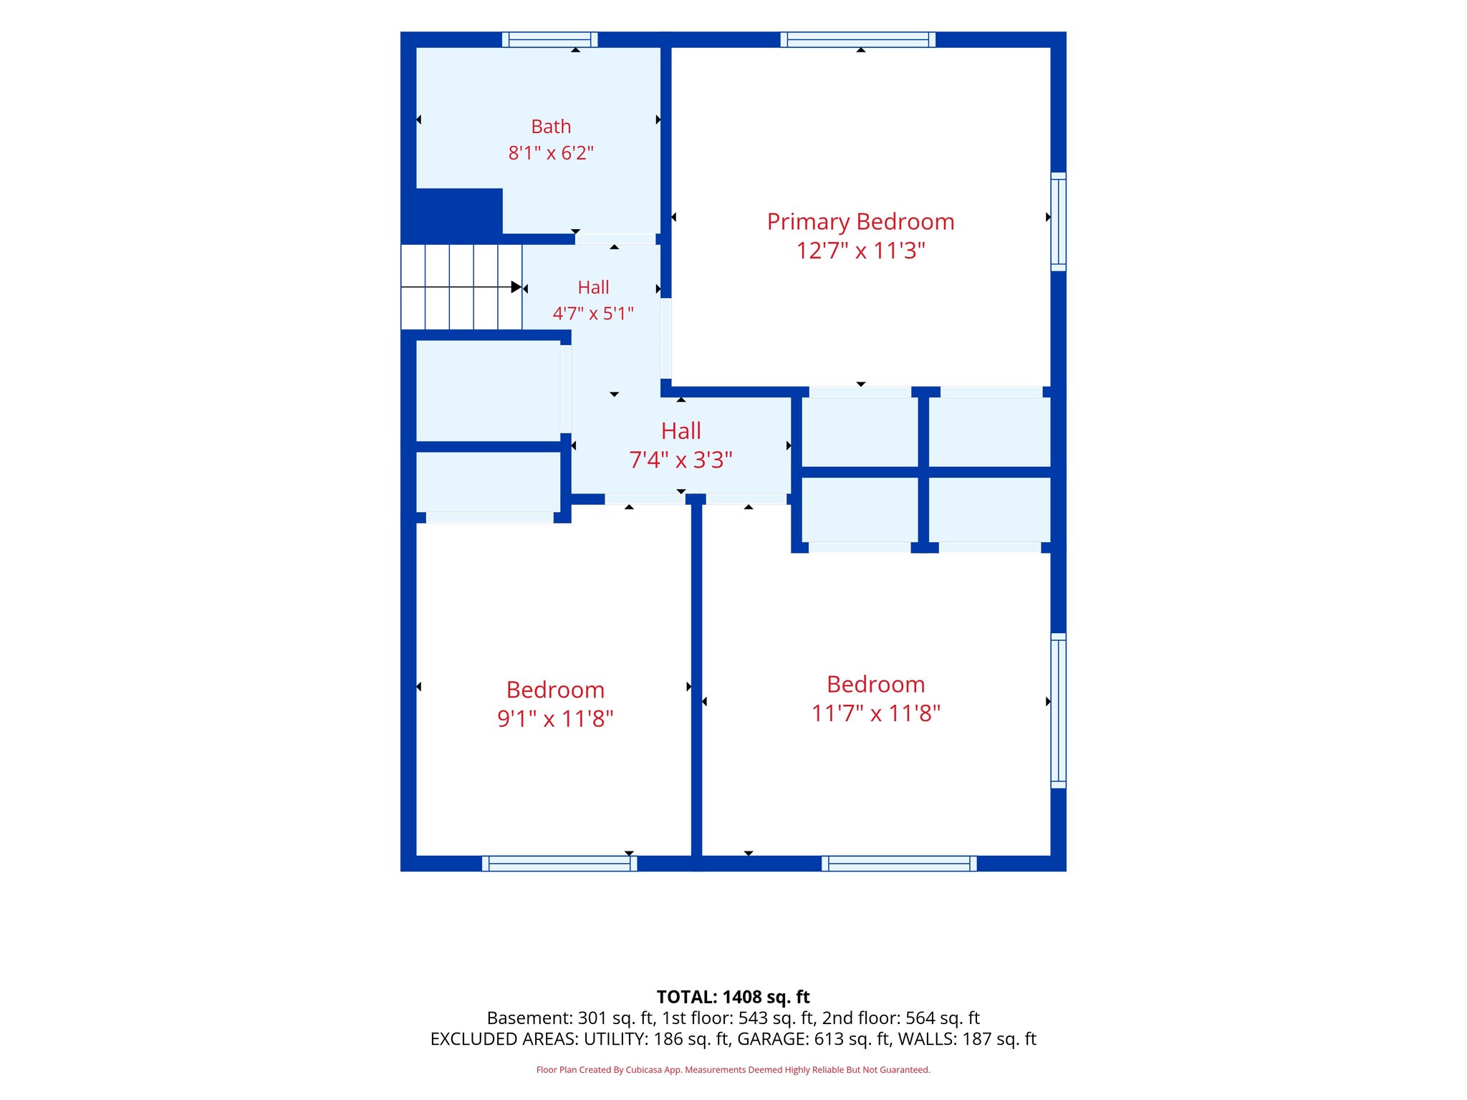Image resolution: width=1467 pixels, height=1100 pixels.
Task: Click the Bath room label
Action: (551, 127)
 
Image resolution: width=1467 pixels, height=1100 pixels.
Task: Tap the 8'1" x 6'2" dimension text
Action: (551, 153)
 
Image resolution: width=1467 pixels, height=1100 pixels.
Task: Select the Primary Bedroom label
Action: (860, 222)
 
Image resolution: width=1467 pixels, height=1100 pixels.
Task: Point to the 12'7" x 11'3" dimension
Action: (860, 251)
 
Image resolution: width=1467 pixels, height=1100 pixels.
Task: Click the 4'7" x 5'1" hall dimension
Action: (593, 313)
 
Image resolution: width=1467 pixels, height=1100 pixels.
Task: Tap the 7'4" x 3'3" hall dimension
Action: (680, 460)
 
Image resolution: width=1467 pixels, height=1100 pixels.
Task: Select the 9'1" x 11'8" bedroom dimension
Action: (555, 718)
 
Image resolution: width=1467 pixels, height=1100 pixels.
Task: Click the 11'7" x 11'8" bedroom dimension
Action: (875, 713)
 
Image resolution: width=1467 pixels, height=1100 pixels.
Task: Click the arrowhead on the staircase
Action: (516, 287)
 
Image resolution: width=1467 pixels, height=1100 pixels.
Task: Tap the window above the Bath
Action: (549, 39)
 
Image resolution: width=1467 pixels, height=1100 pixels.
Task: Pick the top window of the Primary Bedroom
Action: (858, 39)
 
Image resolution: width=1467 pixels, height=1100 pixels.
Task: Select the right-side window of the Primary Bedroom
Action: (1058, 222)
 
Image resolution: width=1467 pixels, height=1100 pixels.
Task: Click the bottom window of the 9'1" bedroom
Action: (559, 864)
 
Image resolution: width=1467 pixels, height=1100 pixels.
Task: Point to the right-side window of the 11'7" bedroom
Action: (1058, 711)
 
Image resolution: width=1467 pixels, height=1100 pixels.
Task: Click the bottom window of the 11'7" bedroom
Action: (899, 864)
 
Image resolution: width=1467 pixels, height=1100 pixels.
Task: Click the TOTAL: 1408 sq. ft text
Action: (733, 997)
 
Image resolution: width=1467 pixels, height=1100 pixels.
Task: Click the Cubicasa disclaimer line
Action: (733, 1070)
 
